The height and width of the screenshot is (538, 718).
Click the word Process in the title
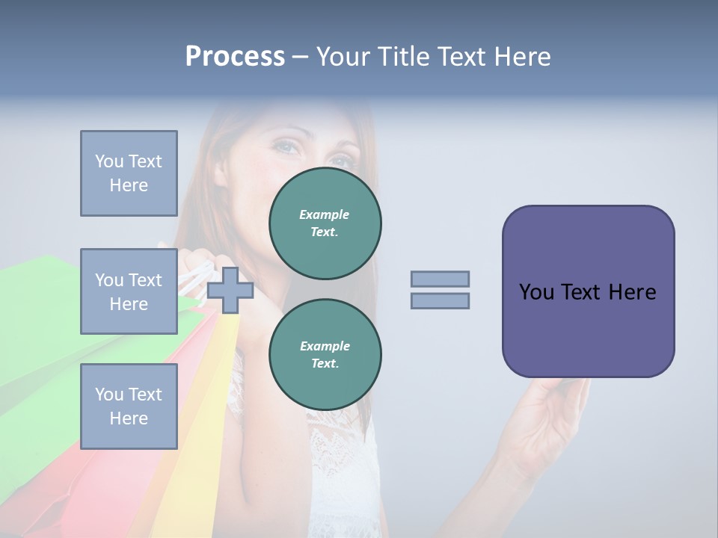click(235, 57)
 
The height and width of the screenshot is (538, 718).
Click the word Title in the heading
click(402, 57)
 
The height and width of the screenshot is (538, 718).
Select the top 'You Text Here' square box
click(129, 173)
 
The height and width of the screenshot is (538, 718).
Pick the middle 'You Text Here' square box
click(129, 291)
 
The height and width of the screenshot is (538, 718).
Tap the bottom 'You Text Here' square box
click(129, 406)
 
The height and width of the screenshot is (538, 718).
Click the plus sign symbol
click(230, 290)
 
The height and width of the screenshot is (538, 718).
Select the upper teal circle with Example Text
click(325, 223)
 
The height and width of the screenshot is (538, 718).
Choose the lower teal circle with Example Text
click(325, 355)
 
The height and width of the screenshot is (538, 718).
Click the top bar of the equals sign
click(440, 279)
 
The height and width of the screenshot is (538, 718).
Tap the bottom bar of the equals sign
click(440, 300)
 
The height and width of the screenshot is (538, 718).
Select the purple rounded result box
click(588, 291)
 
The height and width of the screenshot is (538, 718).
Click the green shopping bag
click(37, 329)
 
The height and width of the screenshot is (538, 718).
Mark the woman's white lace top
click(344, 463)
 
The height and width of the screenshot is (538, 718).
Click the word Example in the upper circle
click(324, 214)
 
